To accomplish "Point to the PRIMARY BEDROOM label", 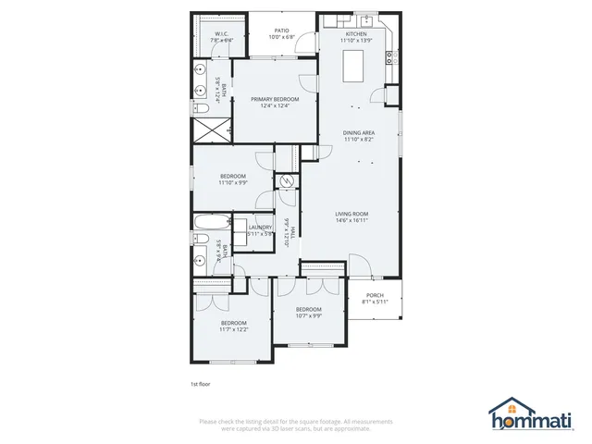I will tap(275, 99).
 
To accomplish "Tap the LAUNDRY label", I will tap(260, 227).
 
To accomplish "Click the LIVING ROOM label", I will tap(351, 215).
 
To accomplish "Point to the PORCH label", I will tap(375, 297).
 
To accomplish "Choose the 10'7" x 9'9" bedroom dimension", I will tap(308, 315).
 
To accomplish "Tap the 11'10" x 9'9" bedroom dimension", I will tap(232, 183).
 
